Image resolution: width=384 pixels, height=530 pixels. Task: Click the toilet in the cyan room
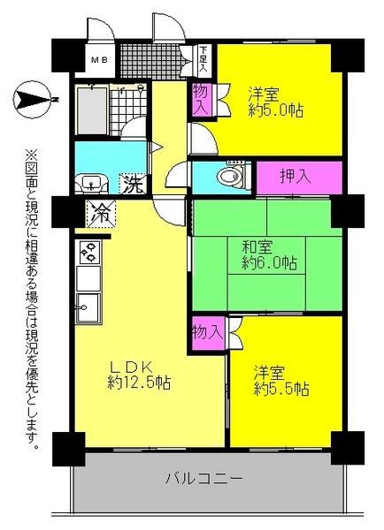pyautogui.click(x=229, y=176)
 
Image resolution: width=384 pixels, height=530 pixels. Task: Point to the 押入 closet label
pyautogui.click(x=297, y=176)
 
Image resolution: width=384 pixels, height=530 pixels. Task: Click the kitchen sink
pyautogui.click(x=88, y=310)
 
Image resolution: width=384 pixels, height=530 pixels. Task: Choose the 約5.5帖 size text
pyautogui.click(x=280, y=388)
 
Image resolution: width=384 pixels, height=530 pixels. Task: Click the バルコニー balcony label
pyautogui.click(x=204, y=480)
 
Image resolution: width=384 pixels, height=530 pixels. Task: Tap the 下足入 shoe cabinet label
pyautogui.click(x=203, y=60)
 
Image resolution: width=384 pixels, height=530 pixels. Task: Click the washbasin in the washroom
pyautogui.click(x=90, y=184)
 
